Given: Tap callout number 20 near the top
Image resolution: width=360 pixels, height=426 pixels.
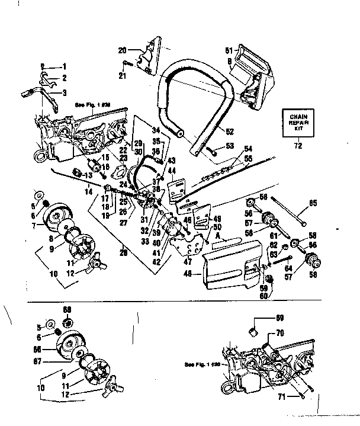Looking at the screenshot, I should [x=123, y=50].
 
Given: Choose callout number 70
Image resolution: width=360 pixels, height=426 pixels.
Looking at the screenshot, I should [x=279, y=333].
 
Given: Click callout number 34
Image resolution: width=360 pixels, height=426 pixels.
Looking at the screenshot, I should [x=156, y=129].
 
